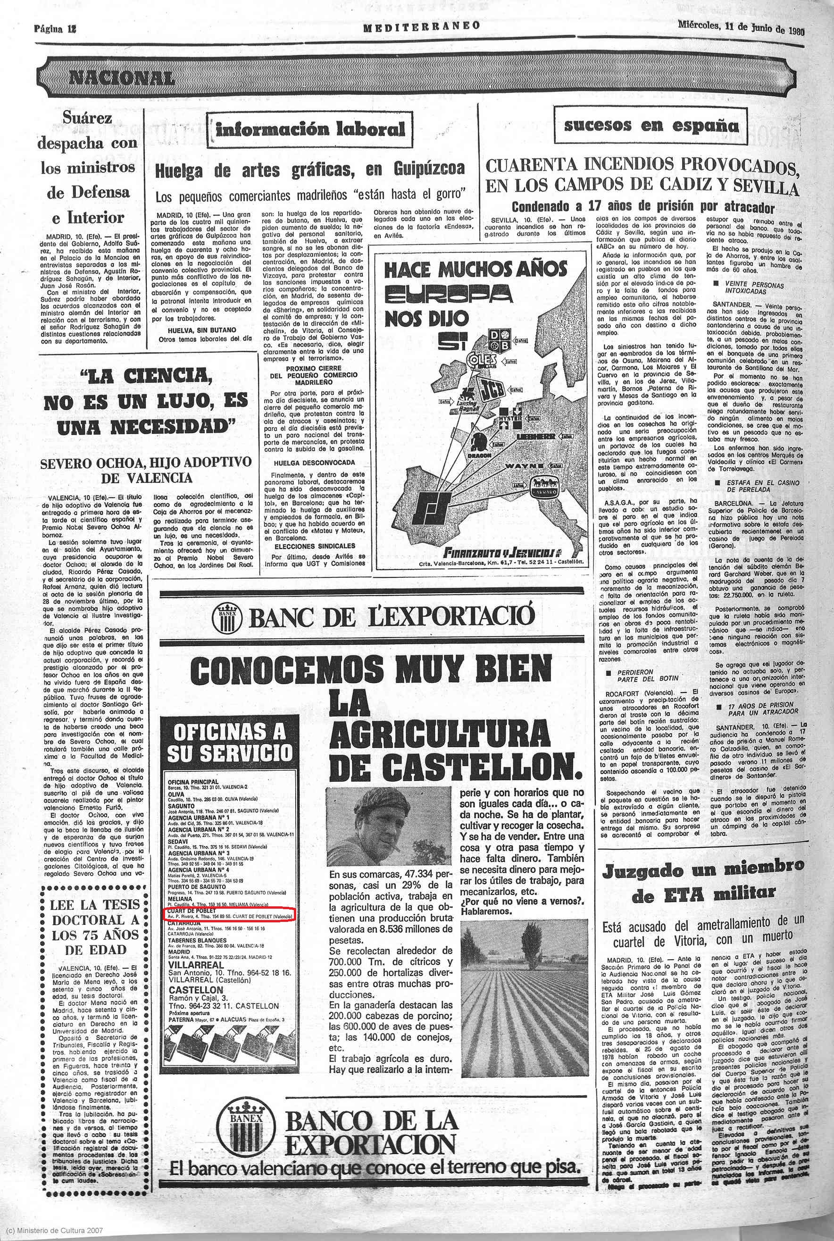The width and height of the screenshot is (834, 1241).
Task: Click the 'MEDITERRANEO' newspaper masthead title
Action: [422, 26]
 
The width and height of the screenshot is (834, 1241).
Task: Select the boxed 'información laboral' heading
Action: [310, 129]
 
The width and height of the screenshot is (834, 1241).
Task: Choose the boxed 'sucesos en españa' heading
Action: [651, 126]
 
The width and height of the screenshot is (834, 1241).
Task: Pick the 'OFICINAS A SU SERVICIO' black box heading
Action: [230, 743]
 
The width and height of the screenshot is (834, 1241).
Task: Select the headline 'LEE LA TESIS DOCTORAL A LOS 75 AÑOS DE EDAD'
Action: [95, 927]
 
